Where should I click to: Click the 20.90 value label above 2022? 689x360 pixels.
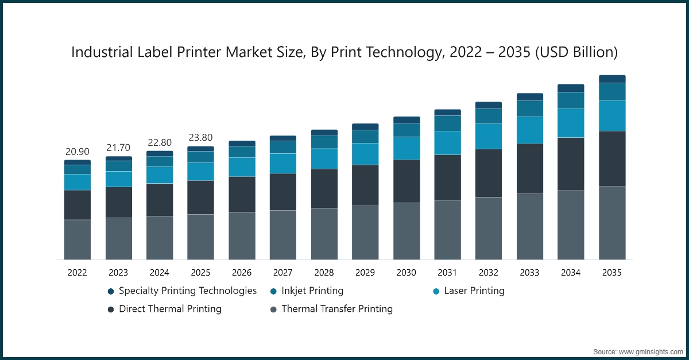(77, 152)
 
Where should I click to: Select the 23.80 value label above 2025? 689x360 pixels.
(200, 138)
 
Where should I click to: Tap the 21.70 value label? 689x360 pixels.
(118, 148)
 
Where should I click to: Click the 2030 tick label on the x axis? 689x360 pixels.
(406, 273)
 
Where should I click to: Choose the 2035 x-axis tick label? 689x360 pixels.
(612, 273)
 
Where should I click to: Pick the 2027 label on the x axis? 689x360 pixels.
(282, 273)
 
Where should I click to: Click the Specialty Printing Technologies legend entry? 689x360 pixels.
(187, 291)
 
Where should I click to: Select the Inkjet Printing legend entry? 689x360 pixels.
(312, 291)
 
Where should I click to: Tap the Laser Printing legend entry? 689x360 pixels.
(474, 291)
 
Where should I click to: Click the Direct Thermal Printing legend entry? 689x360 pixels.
(170, 309)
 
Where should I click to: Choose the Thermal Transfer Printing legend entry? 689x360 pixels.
(337, 309)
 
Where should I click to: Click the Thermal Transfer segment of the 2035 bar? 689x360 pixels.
(612, 223)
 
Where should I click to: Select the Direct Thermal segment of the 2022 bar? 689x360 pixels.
(77, 204)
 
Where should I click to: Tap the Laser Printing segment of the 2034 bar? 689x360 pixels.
(571, 123)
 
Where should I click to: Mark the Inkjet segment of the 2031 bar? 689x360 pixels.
(447, 123)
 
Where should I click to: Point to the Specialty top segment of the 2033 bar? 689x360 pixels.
(529, 97)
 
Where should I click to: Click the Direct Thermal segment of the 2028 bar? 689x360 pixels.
(324, 188)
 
